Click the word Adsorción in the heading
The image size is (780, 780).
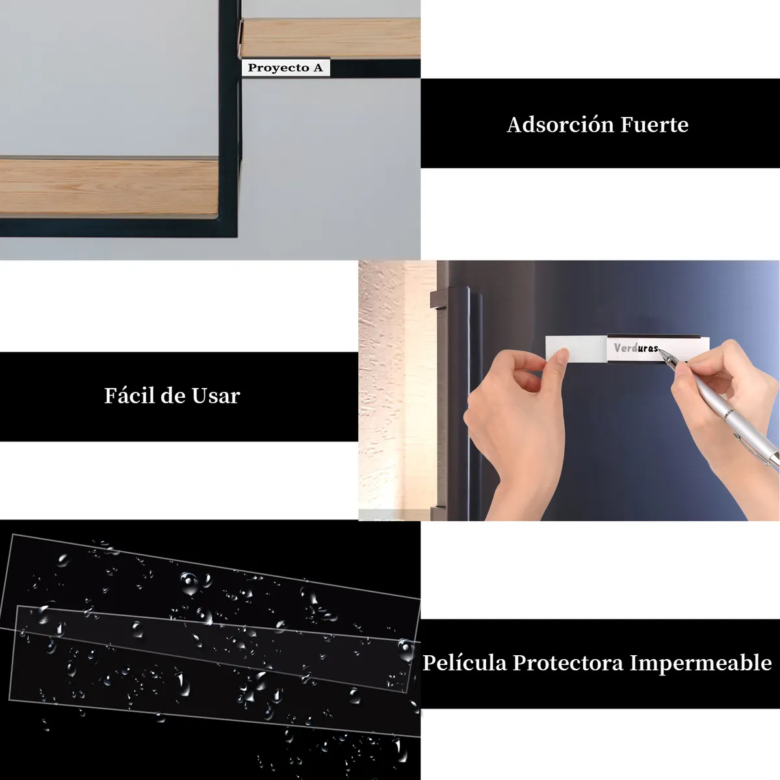click(x=560, y=125)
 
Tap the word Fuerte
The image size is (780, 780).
click(x=655, y=125)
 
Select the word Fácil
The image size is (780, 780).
click(x=129, y=395)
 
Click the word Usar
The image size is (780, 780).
click(x=216, y=396)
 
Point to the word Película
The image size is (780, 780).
click(x=465, y=662)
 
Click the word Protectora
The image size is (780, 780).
click(x=568, y=664)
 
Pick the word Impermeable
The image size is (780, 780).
click(x=701, y=664)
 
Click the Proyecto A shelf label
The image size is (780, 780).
click(x=286, y=68)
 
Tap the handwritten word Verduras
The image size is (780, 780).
click(x=636, y=348)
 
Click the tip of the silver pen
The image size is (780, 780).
click(x=659, y=350)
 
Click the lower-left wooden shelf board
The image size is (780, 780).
click(x=109, y=187)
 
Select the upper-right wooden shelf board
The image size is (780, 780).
click(x=331, y=38)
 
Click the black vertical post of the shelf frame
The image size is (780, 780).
click(x=229, y=118)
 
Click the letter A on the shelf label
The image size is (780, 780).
click(x=318, y=67)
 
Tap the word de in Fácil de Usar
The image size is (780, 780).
click(x=173, y=395)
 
